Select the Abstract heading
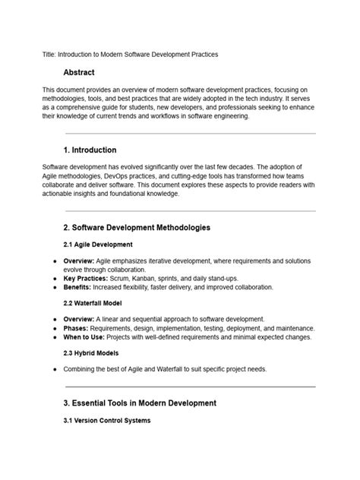click(x=80, y=73)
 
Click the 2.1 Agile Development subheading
click(x=98, y=245)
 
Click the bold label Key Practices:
click(x=82, y=278)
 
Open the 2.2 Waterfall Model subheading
click(x=95, y=302)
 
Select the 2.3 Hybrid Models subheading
click(x=91, y=352)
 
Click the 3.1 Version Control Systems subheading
click(x=107, y=420)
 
